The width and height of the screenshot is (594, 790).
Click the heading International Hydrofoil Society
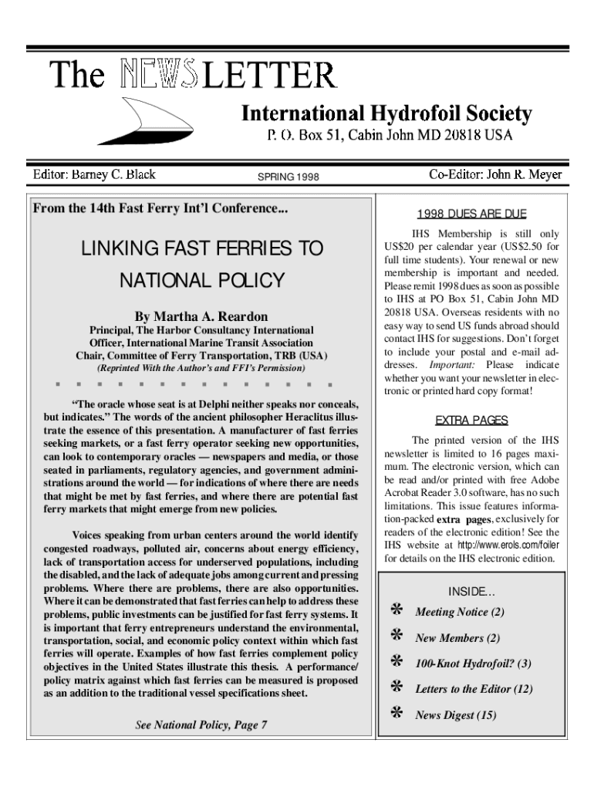tap(386, 115)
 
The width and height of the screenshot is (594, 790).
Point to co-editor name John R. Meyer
tap(495, 174)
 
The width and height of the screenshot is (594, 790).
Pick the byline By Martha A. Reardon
tap(201, 317)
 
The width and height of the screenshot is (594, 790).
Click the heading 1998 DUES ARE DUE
tap(472, 214)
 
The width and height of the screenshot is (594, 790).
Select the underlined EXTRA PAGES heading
tap(472, 420)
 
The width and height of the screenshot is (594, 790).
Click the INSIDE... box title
tap(472, 592)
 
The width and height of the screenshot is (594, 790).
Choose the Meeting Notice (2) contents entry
tap(460, 613)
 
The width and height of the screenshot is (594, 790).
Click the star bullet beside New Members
tap(397, 637)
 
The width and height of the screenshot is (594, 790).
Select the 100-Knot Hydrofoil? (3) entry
tap(473, 663)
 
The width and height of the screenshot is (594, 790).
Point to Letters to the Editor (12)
tap(474, 689)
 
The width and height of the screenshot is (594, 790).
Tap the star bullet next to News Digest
tap(397, 714)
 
